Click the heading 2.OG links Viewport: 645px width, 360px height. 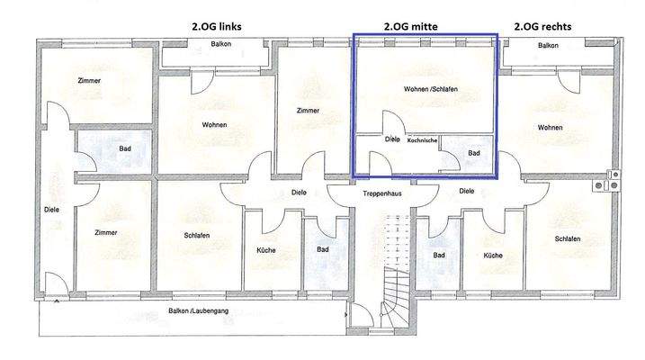[x=216, y=27]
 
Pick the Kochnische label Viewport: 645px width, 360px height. [x=423, y=140]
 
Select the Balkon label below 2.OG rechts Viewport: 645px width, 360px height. [x=547, y=44]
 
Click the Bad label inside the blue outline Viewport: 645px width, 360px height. [x=474, y=154]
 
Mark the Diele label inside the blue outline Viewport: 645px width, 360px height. [x=392, y=139]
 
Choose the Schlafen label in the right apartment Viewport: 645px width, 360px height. [x=567, y=238]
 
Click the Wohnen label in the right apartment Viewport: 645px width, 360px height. [x=551, y=127]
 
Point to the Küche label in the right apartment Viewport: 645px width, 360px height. [x=492, y=255]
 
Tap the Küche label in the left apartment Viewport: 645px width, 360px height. [x=265, y=250]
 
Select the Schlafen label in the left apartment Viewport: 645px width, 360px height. [x=197, y=236]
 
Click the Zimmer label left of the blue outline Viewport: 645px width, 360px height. [x=309, y=111]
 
